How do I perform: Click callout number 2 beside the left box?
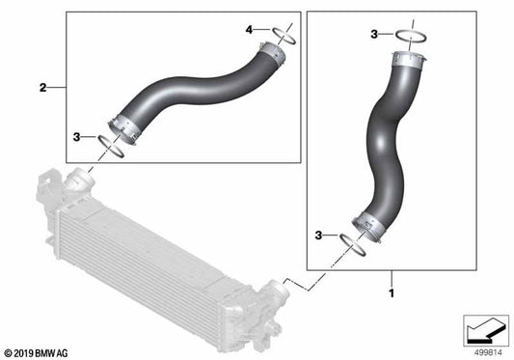click(43, 88)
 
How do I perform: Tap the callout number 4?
click(249, 31)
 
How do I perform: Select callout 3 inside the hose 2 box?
click(77, 139)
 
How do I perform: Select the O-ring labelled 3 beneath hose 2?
click(111, 147)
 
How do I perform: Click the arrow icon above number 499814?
click(482, 329)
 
